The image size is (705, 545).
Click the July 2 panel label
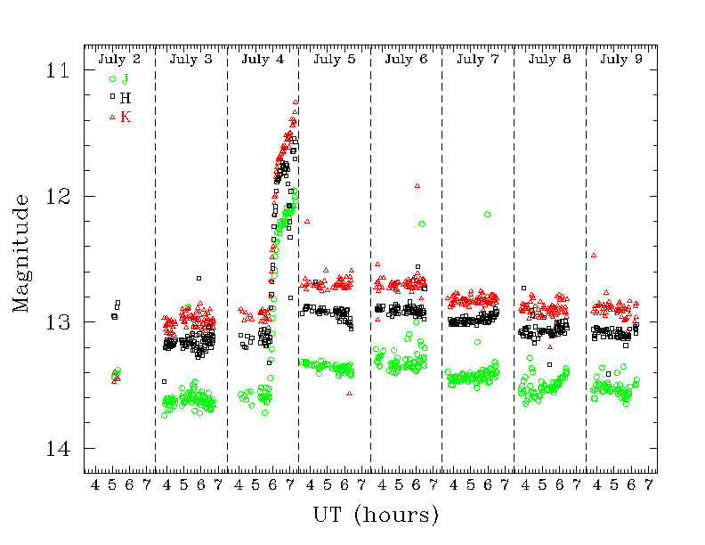tap(119, 59)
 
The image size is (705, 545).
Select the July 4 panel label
tap(263, 59)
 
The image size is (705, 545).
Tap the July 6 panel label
tap(406, 59)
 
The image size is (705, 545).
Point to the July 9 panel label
tap(621, 59)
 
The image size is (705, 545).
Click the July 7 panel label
tap(478, 59)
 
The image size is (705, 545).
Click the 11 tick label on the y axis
tap(57, 69)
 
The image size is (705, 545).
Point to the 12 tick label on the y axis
tap(57, 196)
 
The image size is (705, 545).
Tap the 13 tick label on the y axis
tap(57, 322)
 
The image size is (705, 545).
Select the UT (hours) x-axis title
tap(376, 516)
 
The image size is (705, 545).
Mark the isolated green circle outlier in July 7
tap(487, 215)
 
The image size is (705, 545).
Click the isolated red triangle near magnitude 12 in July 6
tap(417, 185)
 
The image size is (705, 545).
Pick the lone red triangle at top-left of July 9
tap(594, 255)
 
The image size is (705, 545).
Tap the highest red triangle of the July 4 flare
tap(296, 102)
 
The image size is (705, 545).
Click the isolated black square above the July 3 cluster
tap(199, 279)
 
